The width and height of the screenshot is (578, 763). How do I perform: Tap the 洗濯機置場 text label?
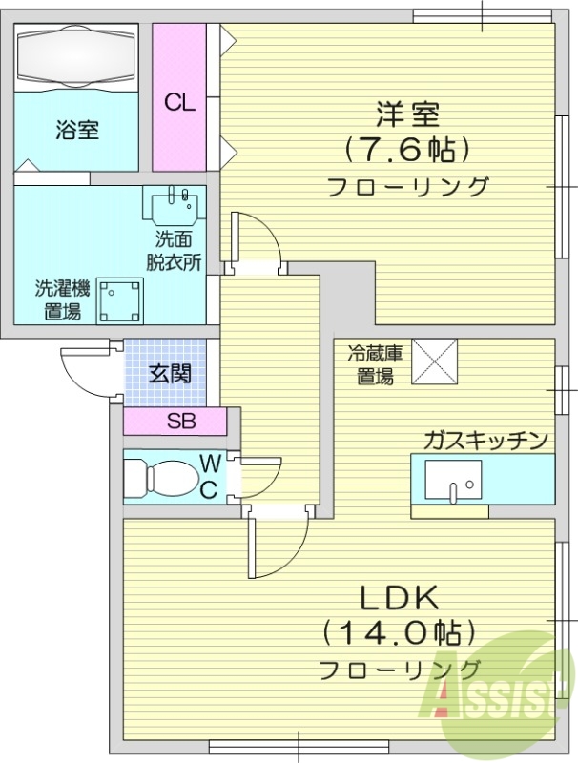(x=63, y=299)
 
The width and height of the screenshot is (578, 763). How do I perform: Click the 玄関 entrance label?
(x=169, y=373)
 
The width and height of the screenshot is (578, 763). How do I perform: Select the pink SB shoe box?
(x=175, y=420)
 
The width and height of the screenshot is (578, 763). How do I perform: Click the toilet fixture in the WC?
(x=163, y=476)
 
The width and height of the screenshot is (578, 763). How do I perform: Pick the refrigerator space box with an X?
(x=434, y=361)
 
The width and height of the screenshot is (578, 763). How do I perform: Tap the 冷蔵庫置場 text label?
(x=373, y=364)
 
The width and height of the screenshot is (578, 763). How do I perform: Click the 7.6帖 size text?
(x=407, y=150)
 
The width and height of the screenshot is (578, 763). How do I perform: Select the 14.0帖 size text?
(x=399, y=631)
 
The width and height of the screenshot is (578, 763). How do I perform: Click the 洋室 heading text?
(x=407, y=114)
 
